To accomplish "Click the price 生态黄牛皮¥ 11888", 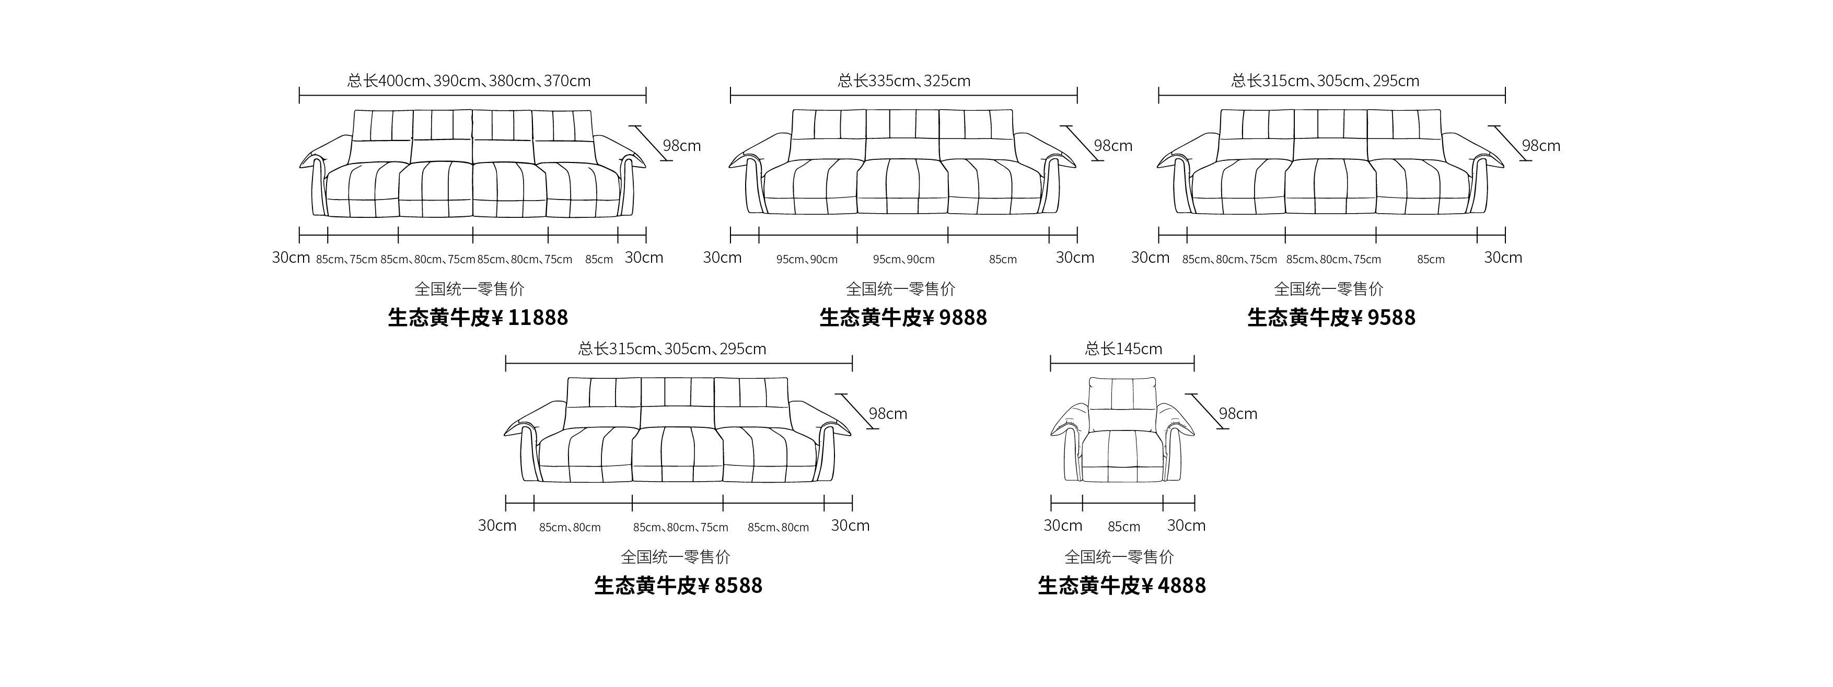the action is pos(478,317).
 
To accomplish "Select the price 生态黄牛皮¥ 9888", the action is pos(903,317).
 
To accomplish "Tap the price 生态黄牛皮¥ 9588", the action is pos(1331,317).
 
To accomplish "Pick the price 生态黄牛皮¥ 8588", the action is pos(678,585).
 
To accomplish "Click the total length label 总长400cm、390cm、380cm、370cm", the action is pos(469,80).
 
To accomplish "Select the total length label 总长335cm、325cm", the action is pos(903,80).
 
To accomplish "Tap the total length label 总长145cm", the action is pos(1123,348).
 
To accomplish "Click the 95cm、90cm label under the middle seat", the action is pos(903,260).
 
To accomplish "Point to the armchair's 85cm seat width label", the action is pos(1123,527).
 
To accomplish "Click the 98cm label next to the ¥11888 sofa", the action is pos(682,145).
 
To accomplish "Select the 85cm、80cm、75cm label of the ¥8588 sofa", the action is pos(680,528).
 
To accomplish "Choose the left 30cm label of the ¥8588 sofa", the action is pos(497,526).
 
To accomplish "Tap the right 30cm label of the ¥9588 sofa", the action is pos(1503,258).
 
